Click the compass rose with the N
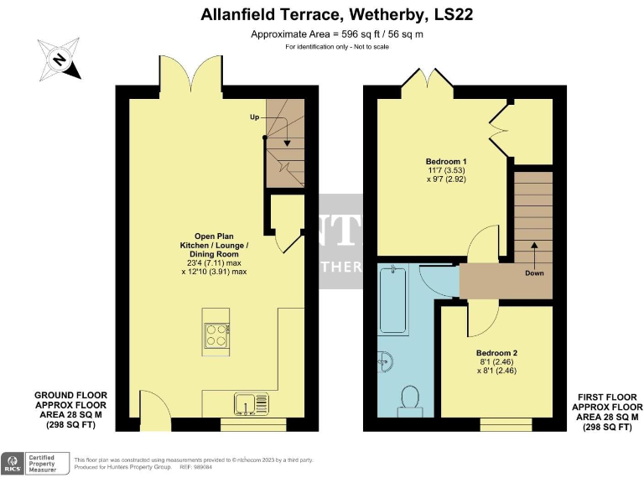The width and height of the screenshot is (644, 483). click(x=60, y=60)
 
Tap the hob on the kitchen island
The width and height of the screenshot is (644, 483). click(x=217, y=335)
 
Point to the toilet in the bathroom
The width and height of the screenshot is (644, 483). click(x=411, y=399)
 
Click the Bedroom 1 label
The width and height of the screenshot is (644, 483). click(x=446, y=161)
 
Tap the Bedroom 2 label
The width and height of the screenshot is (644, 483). click(x=496, y=353)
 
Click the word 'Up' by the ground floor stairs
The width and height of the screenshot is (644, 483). click(x=254, y=117)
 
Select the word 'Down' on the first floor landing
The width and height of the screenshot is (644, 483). click(x=534, y=273)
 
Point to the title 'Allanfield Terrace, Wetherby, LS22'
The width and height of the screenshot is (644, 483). click(x=321, y=14)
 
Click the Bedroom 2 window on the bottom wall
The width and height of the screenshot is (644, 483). click(x=506, y=423)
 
